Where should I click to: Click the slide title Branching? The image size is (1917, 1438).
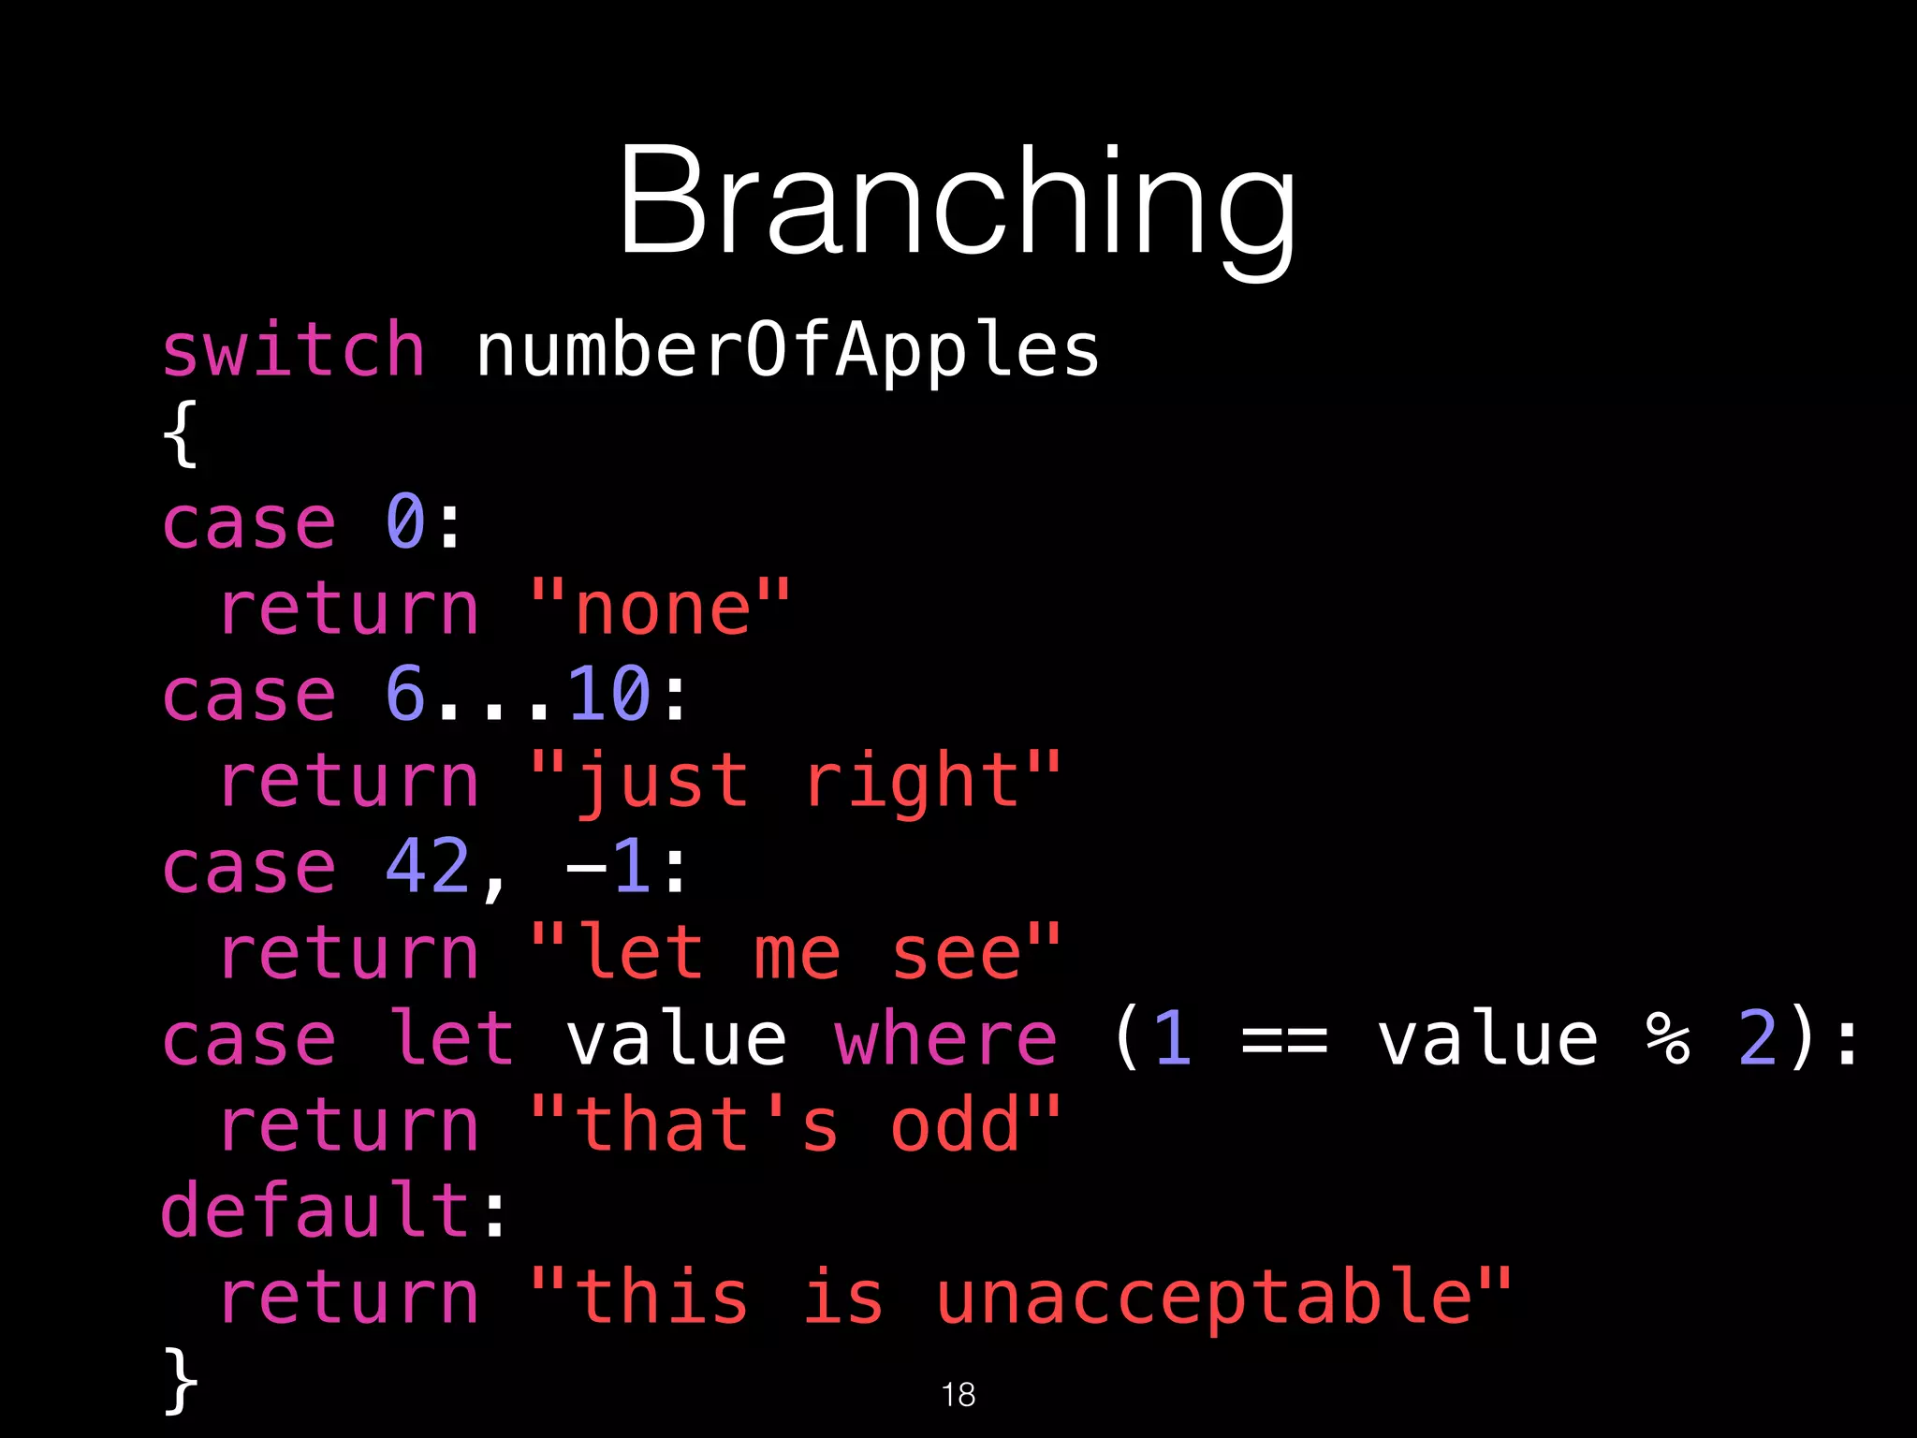(x=957, y=201)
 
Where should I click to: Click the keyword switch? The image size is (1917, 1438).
(x=293, y=350)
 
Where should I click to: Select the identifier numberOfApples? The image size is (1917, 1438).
(x=787, y=352)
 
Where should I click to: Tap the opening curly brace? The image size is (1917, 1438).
(x=180, y=433)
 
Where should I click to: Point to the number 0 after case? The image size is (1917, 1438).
(x=405, y=521)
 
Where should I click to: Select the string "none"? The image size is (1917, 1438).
(x=661, y=609)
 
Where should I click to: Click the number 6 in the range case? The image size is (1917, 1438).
(x=405, y=694)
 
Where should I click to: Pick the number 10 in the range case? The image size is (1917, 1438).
(x=608, y=694)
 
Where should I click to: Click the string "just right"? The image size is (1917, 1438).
(x=796, y=782)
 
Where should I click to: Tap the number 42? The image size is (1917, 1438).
(x=428, y=866)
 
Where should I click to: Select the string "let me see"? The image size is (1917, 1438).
(x=796, y=953)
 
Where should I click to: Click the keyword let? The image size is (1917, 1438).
(x=450, y=1038)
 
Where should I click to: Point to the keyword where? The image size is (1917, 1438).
(x=945, y=1038)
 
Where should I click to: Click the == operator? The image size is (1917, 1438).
(x=1283, y=1040)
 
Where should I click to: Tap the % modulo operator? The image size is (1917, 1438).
(x=1667, y=1038)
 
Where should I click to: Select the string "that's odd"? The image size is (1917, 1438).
(x=796, y=1125)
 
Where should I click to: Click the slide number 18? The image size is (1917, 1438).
(x=958, y=1394)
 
